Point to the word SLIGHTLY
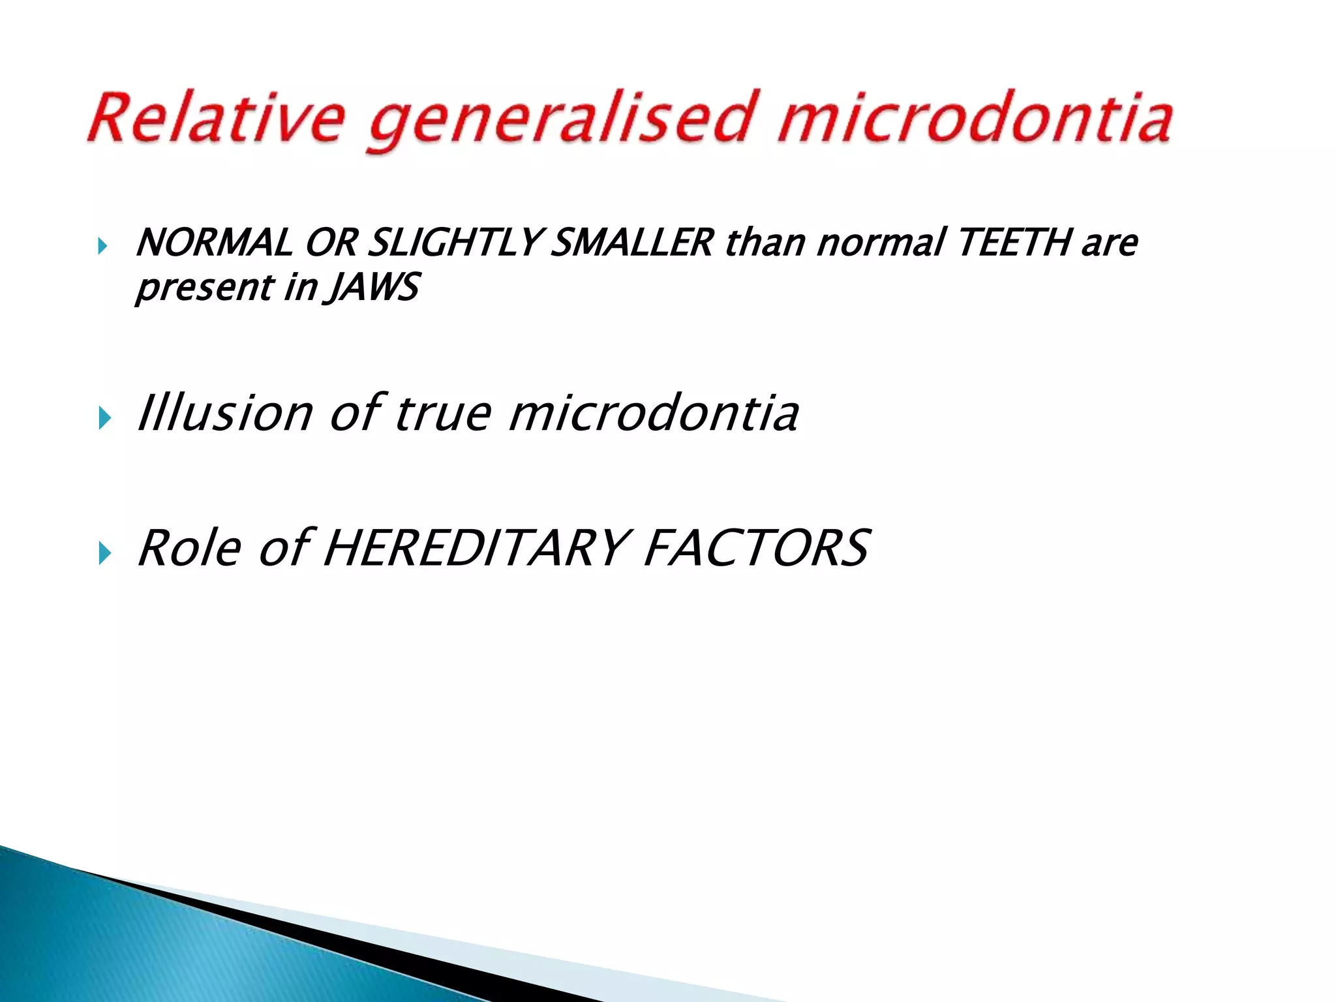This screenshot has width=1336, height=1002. (x=453, y=243)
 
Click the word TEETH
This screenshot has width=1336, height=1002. (x=1015, y=243)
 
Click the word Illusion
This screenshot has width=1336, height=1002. (x=224, y=413)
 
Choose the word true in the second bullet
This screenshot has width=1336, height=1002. (x=442, y=414)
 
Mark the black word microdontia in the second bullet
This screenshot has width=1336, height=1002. (x=652, y=413)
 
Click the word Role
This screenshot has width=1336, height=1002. (x=189, y=548)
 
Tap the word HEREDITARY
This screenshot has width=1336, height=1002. (x=476, y=548)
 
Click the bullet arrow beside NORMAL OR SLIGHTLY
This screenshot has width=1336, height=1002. (x=103, y=247)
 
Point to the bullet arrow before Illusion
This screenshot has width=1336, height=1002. (x=104, y=418)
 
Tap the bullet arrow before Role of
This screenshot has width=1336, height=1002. (x=104, y=553)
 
